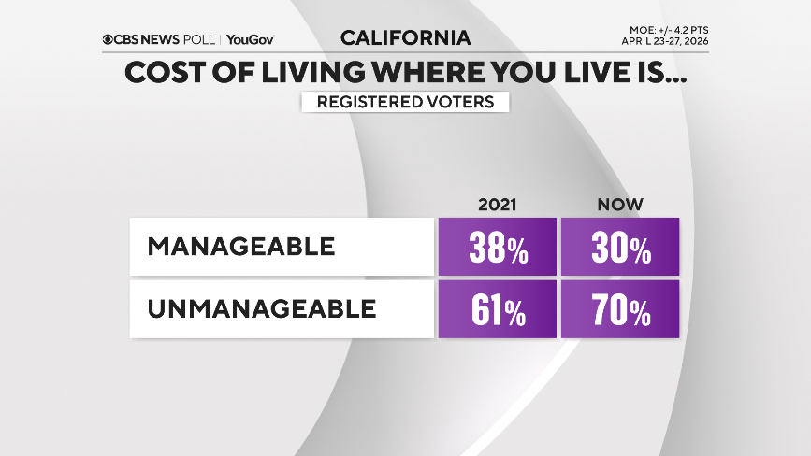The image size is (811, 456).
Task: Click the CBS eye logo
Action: pyautogui.click(x=109, y=39)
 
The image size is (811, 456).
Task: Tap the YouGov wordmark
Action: pyautogui.click(x=251, y=39)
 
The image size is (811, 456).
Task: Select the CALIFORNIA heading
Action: pyautogui.click(x=405, y=38)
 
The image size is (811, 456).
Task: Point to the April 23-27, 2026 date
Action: pyautogui.click(x=671, y=42)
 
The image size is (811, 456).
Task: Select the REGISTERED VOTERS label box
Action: pyautogui.click(x=405, y=102)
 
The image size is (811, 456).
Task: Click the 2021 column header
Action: pyautogui.click(x=497, y=204)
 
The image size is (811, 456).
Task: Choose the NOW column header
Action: pyautogui.click(x=620, y=204)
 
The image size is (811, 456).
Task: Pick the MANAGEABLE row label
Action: pyautogui.click(x=240, y=247)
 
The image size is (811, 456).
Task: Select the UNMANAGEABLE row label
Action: pyautogui.click(x=261, y=308)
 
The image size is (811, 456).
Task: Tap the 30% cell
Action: pyautogui.click(x=620, y=249)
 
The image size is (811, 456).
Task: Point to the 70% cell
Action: pyautogui.click(x=620, y=311)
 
